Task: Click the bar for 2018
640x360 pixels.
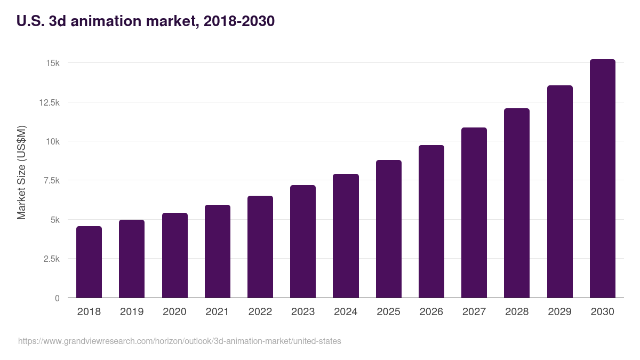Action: point(89,262)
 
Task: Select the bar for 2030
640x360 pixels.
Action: point(602,179)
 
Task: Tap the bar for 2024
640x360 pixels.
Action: point(346,236)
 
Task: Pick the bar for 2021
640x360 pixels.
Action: point(218,251)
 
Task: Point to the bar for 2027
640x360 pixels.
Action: point(474,213)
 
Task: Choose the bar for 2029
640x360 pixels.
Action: point(559,191)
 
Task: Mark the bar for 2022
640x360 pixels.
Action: point(260,247)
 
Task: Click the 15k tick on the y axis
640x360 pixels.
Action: point(52,63)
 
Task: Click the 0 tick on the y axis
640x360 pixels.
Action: point(57,298)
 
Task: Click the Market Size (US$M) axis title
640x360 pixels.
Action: point(21,172)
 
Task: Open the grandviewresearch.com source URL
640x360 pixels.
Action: point(179,341)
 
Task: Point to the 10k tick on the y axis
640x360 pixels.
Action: point(52,141)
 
